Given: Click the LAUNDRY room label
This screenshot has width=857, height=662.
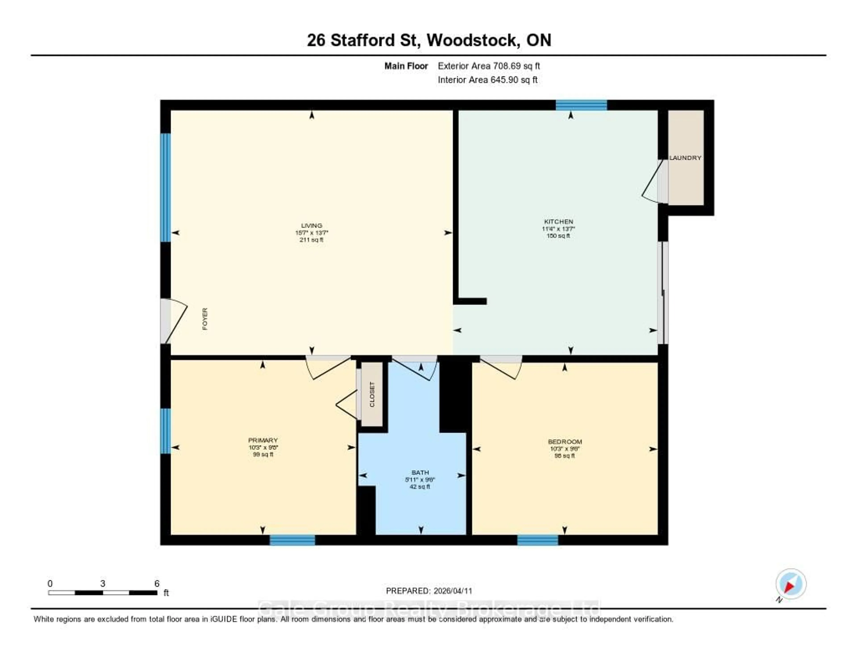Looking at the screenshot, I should [685, 158].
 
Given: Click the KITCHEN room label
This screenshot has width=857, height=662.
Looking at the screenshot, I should [558, 222].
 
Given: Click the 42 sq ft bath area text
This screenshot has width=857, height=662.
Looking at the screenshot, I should [420, 487].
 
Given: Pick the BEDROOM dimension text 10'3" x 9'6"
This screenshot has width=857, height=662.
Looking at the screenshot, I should [565, 449].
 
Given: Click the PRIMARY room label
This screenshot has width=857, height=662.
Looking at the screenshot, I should [263, 440].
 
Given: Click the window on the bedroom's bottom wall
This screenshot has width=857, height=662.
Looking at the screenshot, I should [538, 540].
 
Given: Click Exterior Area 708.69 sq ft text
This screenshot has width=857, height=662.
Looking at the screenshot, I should [489, 66].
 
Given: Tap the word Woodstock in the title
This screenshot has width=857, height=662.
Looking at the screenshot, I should [472, 40].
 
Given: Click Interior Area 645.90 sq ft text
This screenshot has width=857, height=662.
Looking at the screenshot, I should [487, 80].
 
